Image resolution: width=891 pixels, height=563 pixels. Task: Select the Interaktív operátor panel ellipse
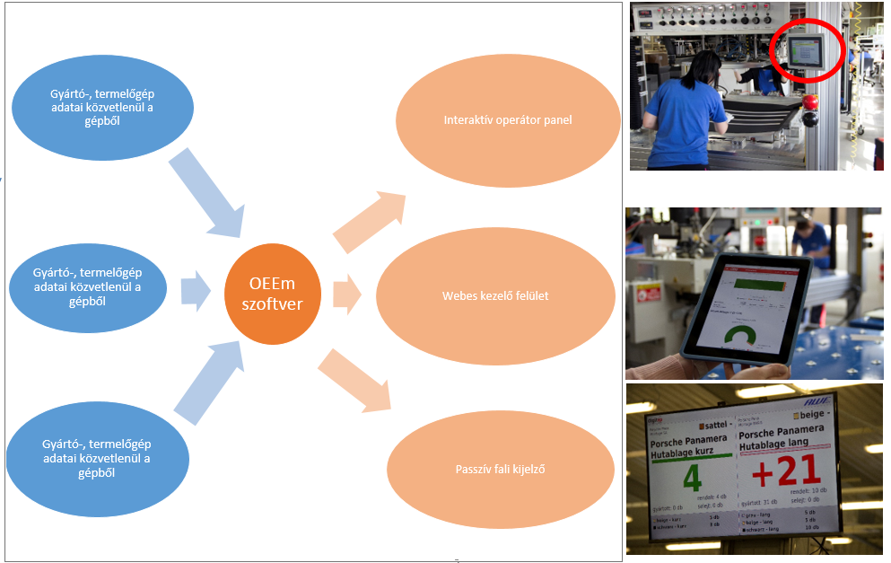[x=507, y=119]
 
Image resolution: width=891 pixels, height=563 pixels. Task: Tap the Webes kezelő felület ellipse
[x=495, y=295]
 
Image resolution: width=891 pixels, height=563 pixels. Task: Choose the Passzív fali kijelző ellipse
[x=500, y=468]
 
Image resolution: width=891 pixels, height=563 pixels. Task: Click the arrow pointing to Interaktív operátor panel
[x=369, y=220]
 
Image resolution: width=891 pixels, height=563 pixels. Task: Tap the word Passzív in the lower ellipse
[x=473, y=468]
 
